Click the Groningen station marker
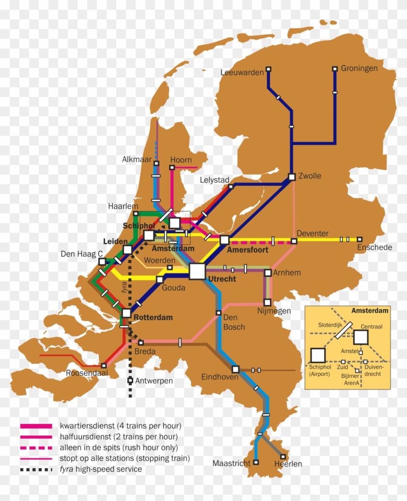pos(334,69)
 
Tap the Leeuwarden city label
pos(242,73)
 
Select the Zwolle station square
pos(292,177)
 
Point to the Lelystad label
pos(214,180)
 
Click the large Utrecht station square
pos(197,271)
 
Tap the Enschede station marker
pos(360,239)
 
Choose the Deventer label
pos(313,233)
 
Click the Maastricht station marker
pos(256,462)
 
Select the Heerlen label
pos(288,464)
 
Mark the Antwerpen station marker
pos(130,381)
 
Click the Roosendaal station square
pos(104,366)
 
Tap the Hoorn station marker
pos(172,168)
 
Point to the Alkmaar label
pos(137,160)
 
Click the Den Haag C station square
pos(102,262)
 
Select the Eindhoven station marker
pos(235,369)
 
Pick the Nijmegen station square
pos(267,302)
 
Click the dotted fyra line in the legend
pos(36,469)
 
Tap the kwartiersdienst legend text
pos(120,426)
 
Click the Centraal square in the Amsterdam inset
pos(361,337)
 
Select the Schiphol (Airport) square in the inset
pos(318,356)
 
